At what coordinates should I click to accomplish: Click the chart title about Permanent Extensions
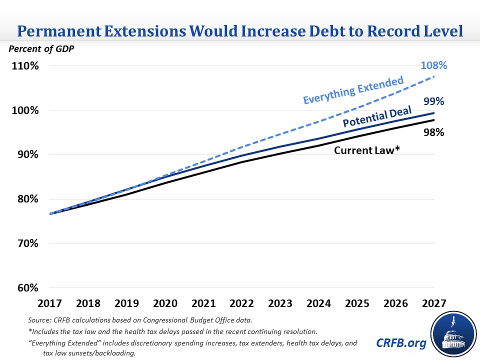click(240, 30)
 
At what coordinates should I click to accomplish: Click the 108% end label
click(433, 65)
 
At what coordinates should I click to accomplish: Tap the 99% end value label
click(433, 101)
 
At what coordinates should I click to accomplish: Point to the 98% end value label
click(433, 132)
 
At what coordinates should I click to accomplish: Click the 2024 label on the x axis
click(318, 303)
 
